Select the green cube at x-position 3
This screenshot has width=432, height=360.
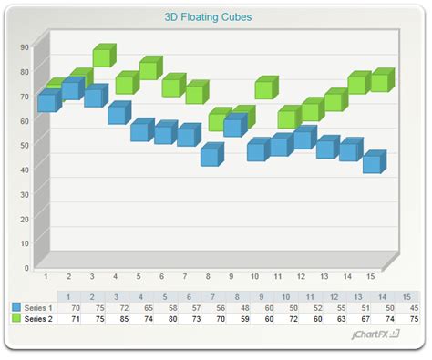(x=101, y=57)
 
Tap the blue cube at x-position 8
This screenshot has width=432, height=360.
(x=211, y=156)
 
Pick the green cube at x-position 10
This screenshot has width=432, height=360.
(x=263, y=88)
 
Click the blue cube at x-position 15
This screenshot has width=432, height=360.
(x=372, y=163)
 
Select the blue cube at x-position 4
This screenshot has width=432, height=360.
(x=118, y=113)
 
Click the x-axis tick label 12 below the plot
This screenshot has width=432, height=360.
(x=301, y=276)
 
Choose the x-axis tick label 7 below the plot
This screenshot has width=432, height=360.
(x=184, y=276)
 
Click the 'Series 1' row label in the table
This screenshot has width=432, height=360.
(x=38, y=308)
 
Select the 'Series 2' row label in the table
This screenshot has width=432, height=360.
(x=38, y=319)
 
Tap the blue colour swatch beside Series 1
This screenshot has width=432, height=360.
(x=15, y=308)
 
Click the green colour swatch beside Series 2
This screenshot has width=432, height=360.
(x=15, y=319)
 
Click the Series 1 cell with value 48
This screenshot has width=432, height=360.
(x=242, y=308)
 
